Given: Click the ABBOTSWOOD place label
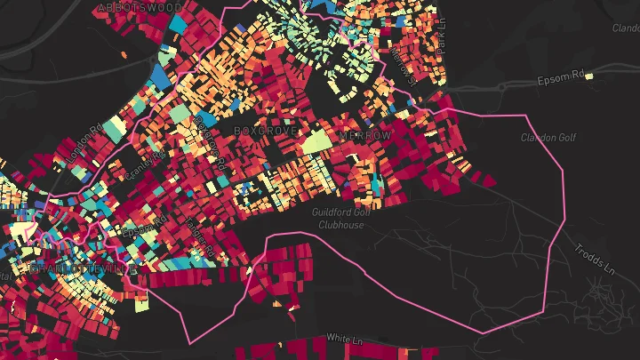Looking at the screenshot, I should pyautogui.click(x=140, y=7).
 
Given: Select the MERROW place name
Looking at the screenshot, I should pyautogui.click(x=364, y=135).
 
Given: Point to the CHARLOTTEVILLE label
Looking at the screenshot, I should pyautogui.click(x=84, y=268).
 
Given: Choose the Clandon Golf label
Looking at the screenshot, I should pyautogui.click(x=548, y=138).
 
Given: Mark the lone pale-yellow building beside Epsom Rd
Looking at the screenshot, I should pyautogui.click(x=589, y=77).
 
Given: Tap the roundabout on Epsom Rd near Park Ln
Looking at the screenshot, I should pyautogui.click(x=502, y=87).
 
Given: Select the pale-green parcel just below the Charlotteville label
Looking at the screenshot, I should pyautogui.click(x=141, y=304).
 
